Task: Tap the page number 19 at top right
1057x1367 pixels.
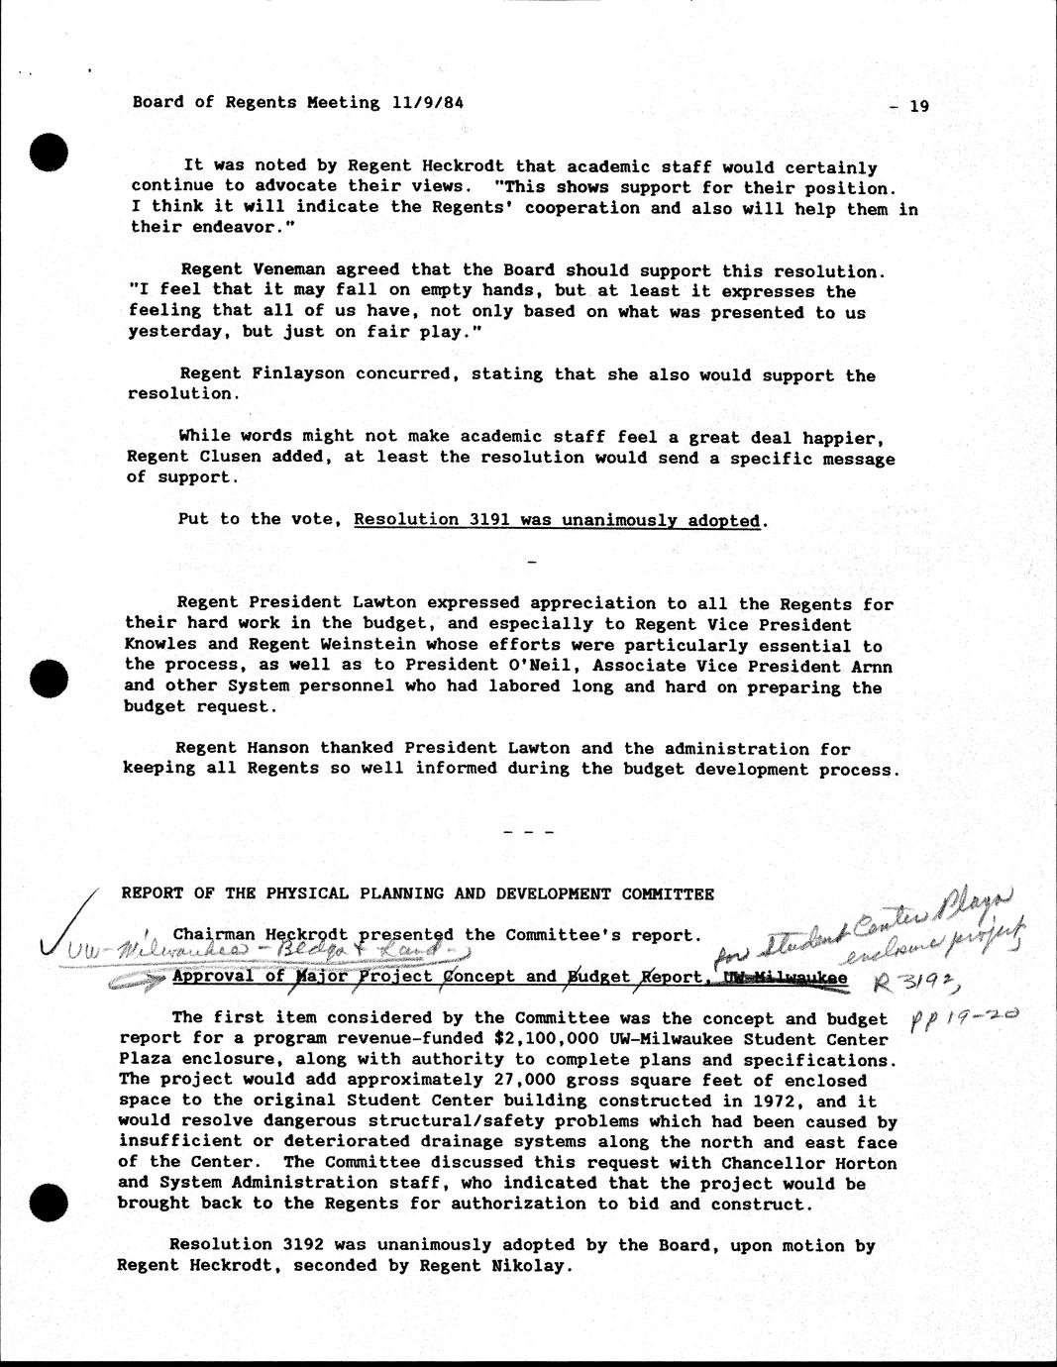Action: click(918, 107)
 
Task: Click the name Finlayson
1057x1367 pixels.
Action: click(284, 373)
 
